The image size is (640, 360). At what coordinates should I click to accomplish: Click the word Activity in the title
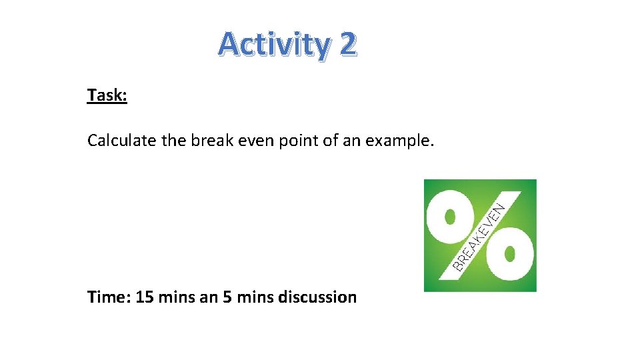coord(274,45)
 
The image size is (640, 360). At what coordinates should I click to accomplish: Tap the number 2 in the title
coord(348,45)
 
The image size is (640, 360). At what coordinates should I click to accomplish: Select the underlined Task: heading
coord(107,95)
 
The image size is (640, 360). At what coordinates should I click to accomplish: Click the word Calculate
coord(117,141)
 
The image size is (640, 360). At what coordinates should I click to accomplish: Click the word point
coord(291,141)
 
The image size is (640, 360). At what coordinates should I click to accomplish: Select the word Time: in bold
coord(109,297)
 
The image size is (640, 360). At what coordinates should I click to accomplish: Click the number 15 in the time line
coord(145,297)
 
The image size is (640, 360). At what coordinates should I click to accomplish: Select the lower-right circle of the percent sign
coord(510,254)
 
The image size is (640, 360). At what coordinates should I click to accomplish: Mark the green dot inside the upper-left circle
coord(451,217)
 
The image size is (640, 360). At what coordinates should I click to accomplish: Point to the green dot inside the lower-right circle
coord(510,254)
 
